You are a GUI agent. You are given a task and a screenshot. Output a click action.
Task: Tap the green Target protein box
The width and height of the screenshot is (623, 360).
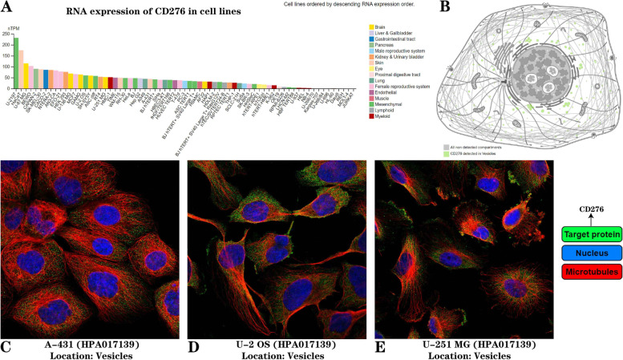pyautogui.click(x=582, y=236)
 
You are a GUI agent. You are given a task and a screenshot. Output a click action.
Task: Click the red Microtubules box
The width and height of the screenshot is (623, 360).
pyautogui.click(x=582, y=271)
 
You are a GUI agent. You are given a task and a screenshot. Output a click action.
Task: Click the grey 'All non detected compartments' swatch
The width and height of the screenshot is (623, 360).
pyautogui.click(x=445, y=148)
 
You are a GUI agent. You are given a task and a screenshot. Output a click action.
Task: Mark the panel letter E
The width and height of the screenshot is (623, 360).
pyautogui.click(x=381, y=349)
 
